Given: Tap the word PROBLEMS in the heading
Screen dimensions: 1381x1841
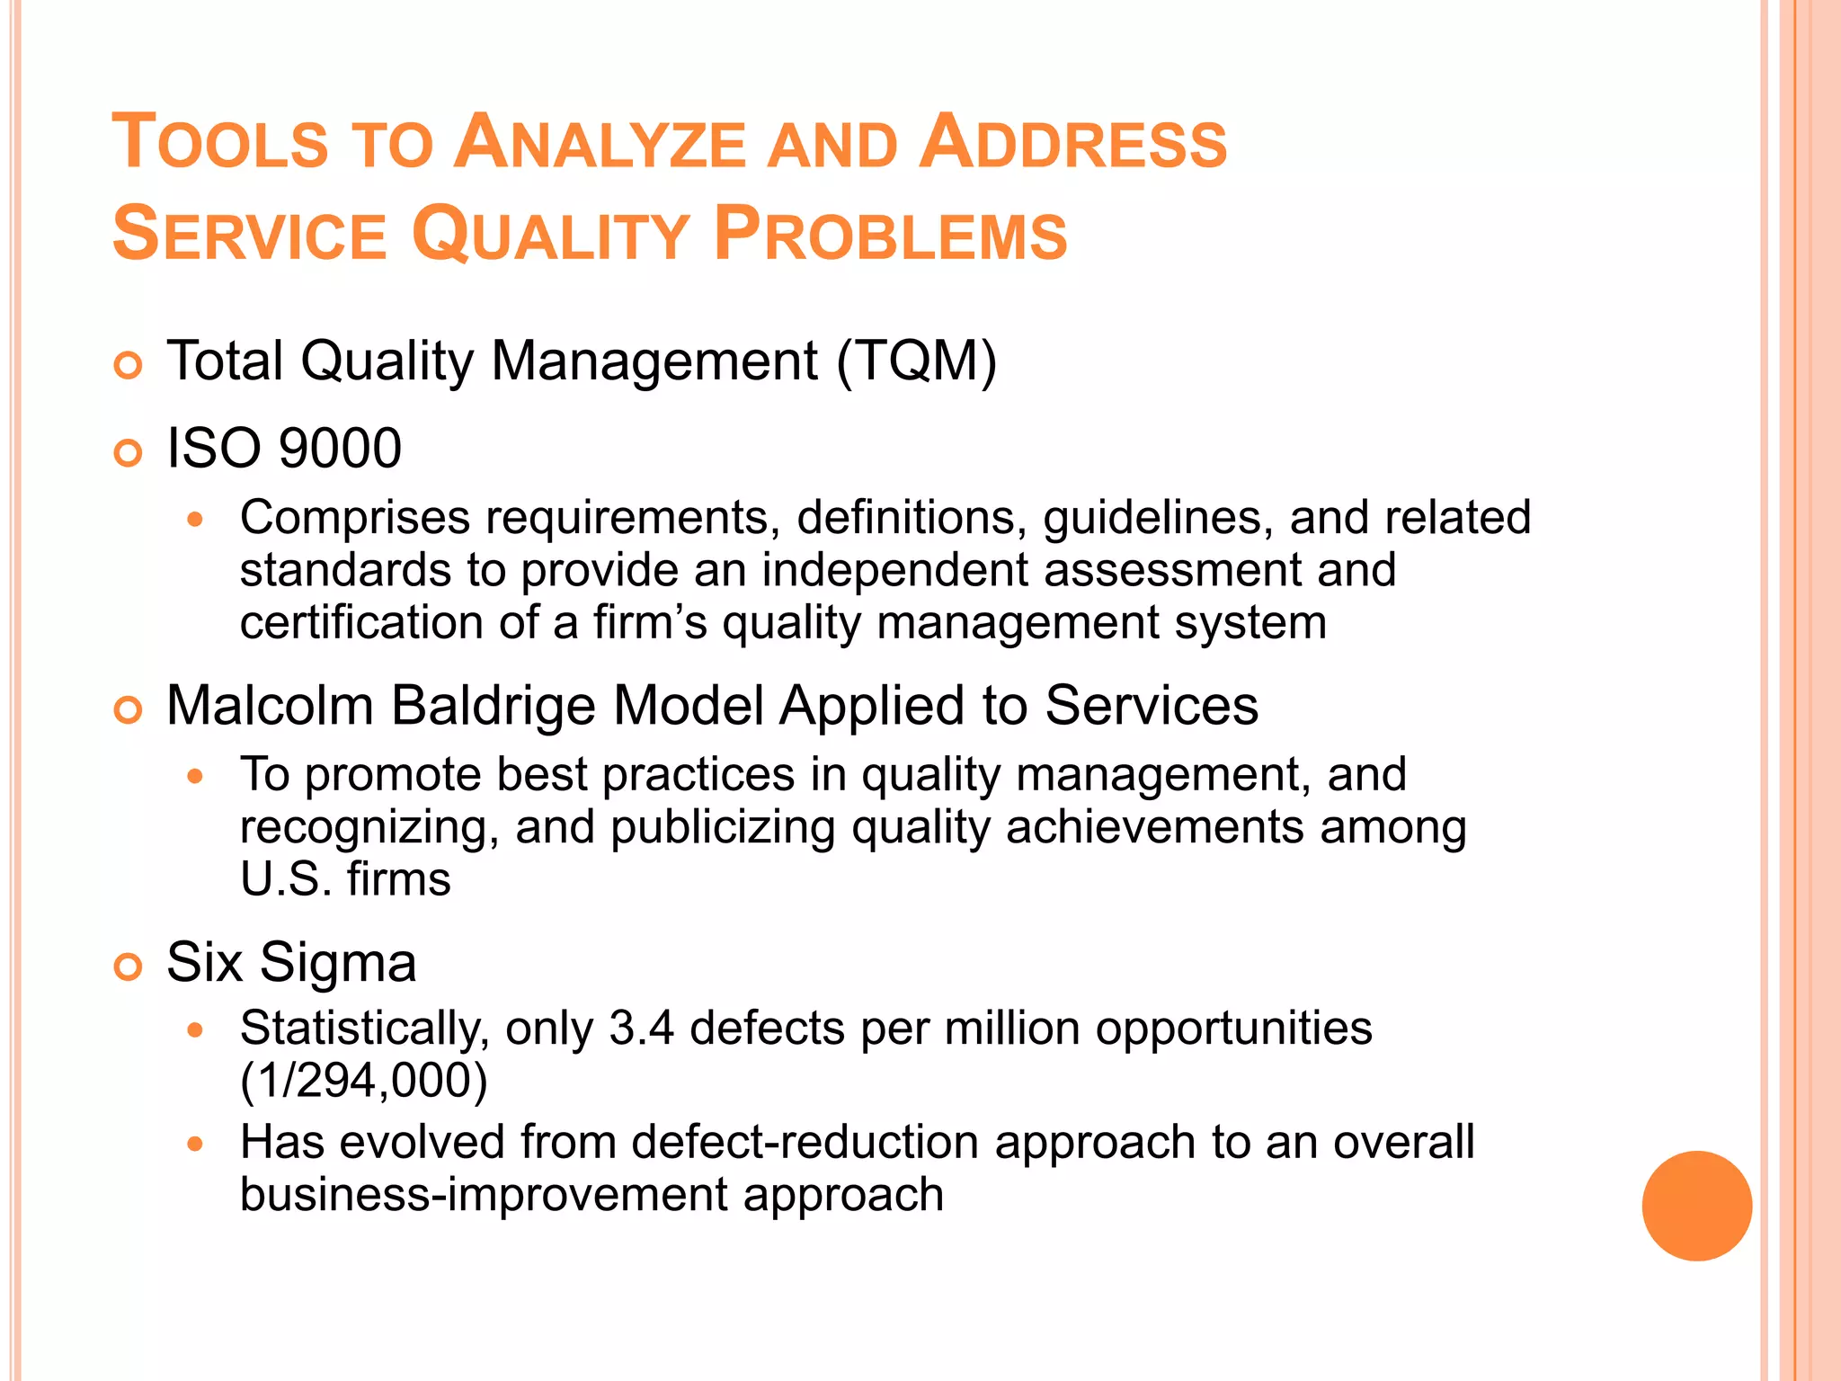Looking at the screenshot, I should tap(890, 235).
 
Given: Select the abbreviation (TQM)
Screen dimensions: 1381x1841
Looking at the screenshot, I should tap(917, 361).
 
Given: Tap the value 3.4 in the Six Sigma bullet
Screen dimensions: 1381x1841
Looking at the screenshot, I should tap(641, 1028).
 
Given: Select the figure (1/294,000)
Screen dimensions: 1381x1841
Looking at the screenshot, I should tap(364, 1080).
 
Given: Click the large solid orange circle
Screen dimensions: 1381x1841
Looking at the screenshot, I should tap(1696, 1206).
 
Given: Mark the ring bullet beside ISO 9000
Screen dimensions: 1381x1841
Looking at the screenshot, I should tap(129, 453).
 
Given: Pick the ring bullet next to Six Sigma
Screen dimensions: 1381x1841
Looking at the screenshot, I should tap(129, 967).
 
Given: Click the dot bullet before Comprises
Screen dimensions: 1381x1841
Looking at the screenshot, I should tap(196, 519).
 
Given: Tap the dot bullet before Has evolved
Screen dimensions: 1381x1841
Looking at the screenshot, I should tap(196, 1144).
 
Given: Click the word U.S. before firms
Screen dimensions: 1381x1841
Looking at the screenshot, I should tap(285, 879).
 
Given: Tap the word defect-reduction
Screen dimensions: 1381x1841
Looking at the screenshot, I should tap(805, 1143).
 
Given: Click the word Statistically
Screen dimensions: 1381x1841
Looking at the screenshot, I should tap(364, 1028).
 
